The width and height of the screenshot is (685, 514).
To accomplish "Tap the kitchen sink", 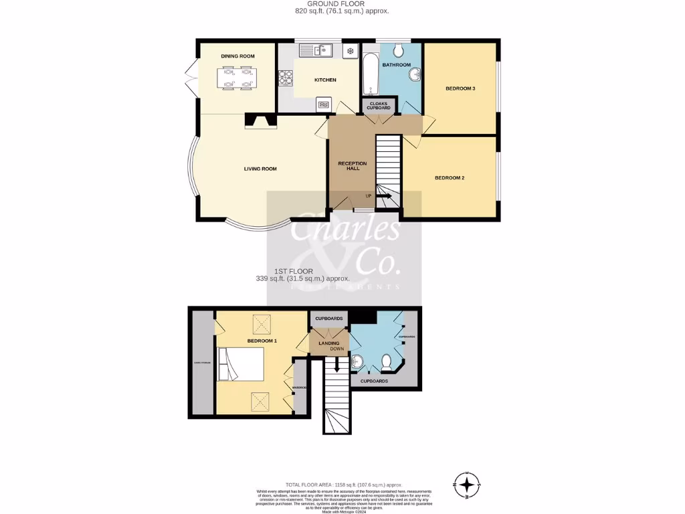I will tap(320, 50).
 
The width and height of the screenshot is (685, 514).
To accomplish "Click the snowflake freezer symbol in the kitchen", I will tap(349, 51).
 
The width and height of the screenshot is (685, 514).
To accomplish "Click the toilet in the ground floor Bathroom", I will tap(398, 50).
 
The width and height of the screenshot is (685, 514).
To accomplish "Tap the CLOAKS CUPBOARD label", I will tap(378, 105).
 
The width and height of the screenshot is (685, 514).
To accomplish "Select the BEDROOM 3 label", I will tap(460, 88).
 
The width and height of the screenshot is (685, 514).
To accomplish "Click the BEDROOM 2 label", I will tap(449, 177).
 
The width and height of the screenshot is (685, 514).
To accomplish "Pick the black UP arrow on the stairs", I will tap(384, 196).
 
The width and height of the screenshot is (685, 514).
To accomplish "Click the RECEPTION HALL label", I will tap(353, 166).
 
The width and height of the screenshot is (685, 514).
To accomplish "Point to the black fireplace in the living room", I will tap(260, 120).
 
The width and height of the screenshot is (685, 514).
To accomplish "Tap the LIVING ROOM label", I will tap(260, 169).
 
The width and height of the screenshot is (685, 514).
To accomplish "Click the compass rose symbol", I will tap(467, 483).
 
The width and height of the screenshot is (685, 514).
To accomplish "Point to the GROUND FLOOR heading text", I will tap(342, 4).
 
